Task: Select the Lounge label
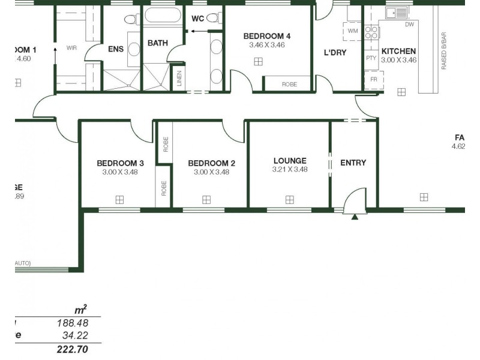click(290, 161)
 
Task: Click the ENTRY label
click(353, 163)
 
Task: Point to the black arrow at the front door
click(355, 217)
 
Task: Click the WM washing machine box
click(352, 31)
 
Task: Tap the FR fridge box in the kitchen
click(373, 80)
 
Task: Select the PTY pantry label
click(371, 58)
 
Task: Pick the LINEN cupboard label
click(179, 79)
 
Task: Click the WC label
click(197, 19)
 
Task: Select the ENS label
click(115, 49)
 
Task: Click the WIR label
click(71, 47)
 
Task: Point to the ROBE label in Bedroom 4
click(289, 85)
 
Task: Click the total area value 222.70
click(73, 349)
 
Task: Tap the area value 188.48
click(73, 323)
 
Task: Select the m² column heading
click(80, 310)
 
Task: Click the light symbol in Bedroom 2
click(206, 199)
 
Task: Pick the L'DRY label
click(335, 53)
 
